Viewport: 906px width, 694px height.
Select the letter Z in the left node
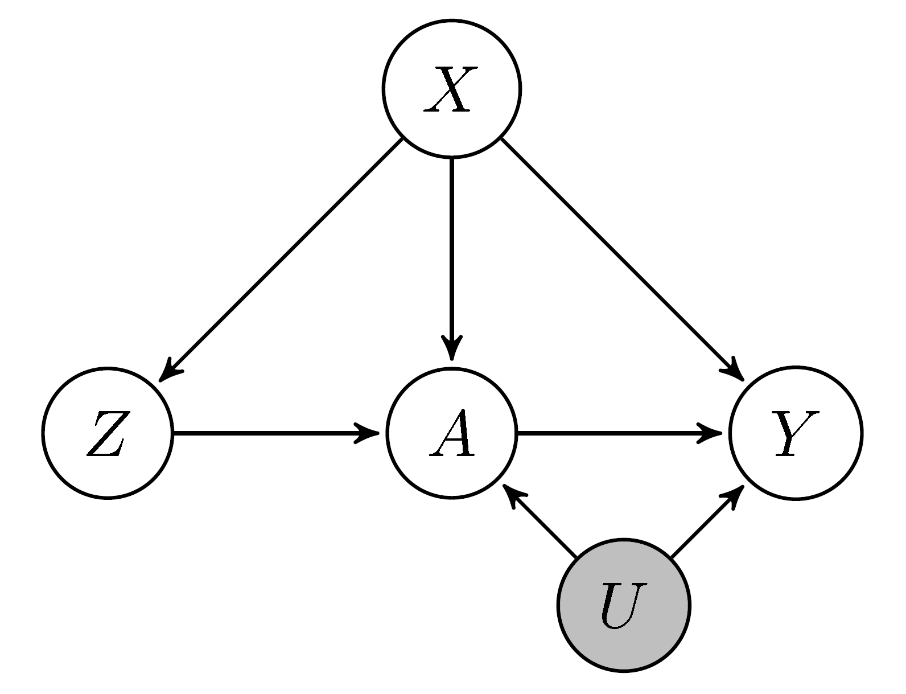click(106, 434)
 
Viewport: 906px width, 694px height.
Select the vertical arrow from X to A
click(451, 251)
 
